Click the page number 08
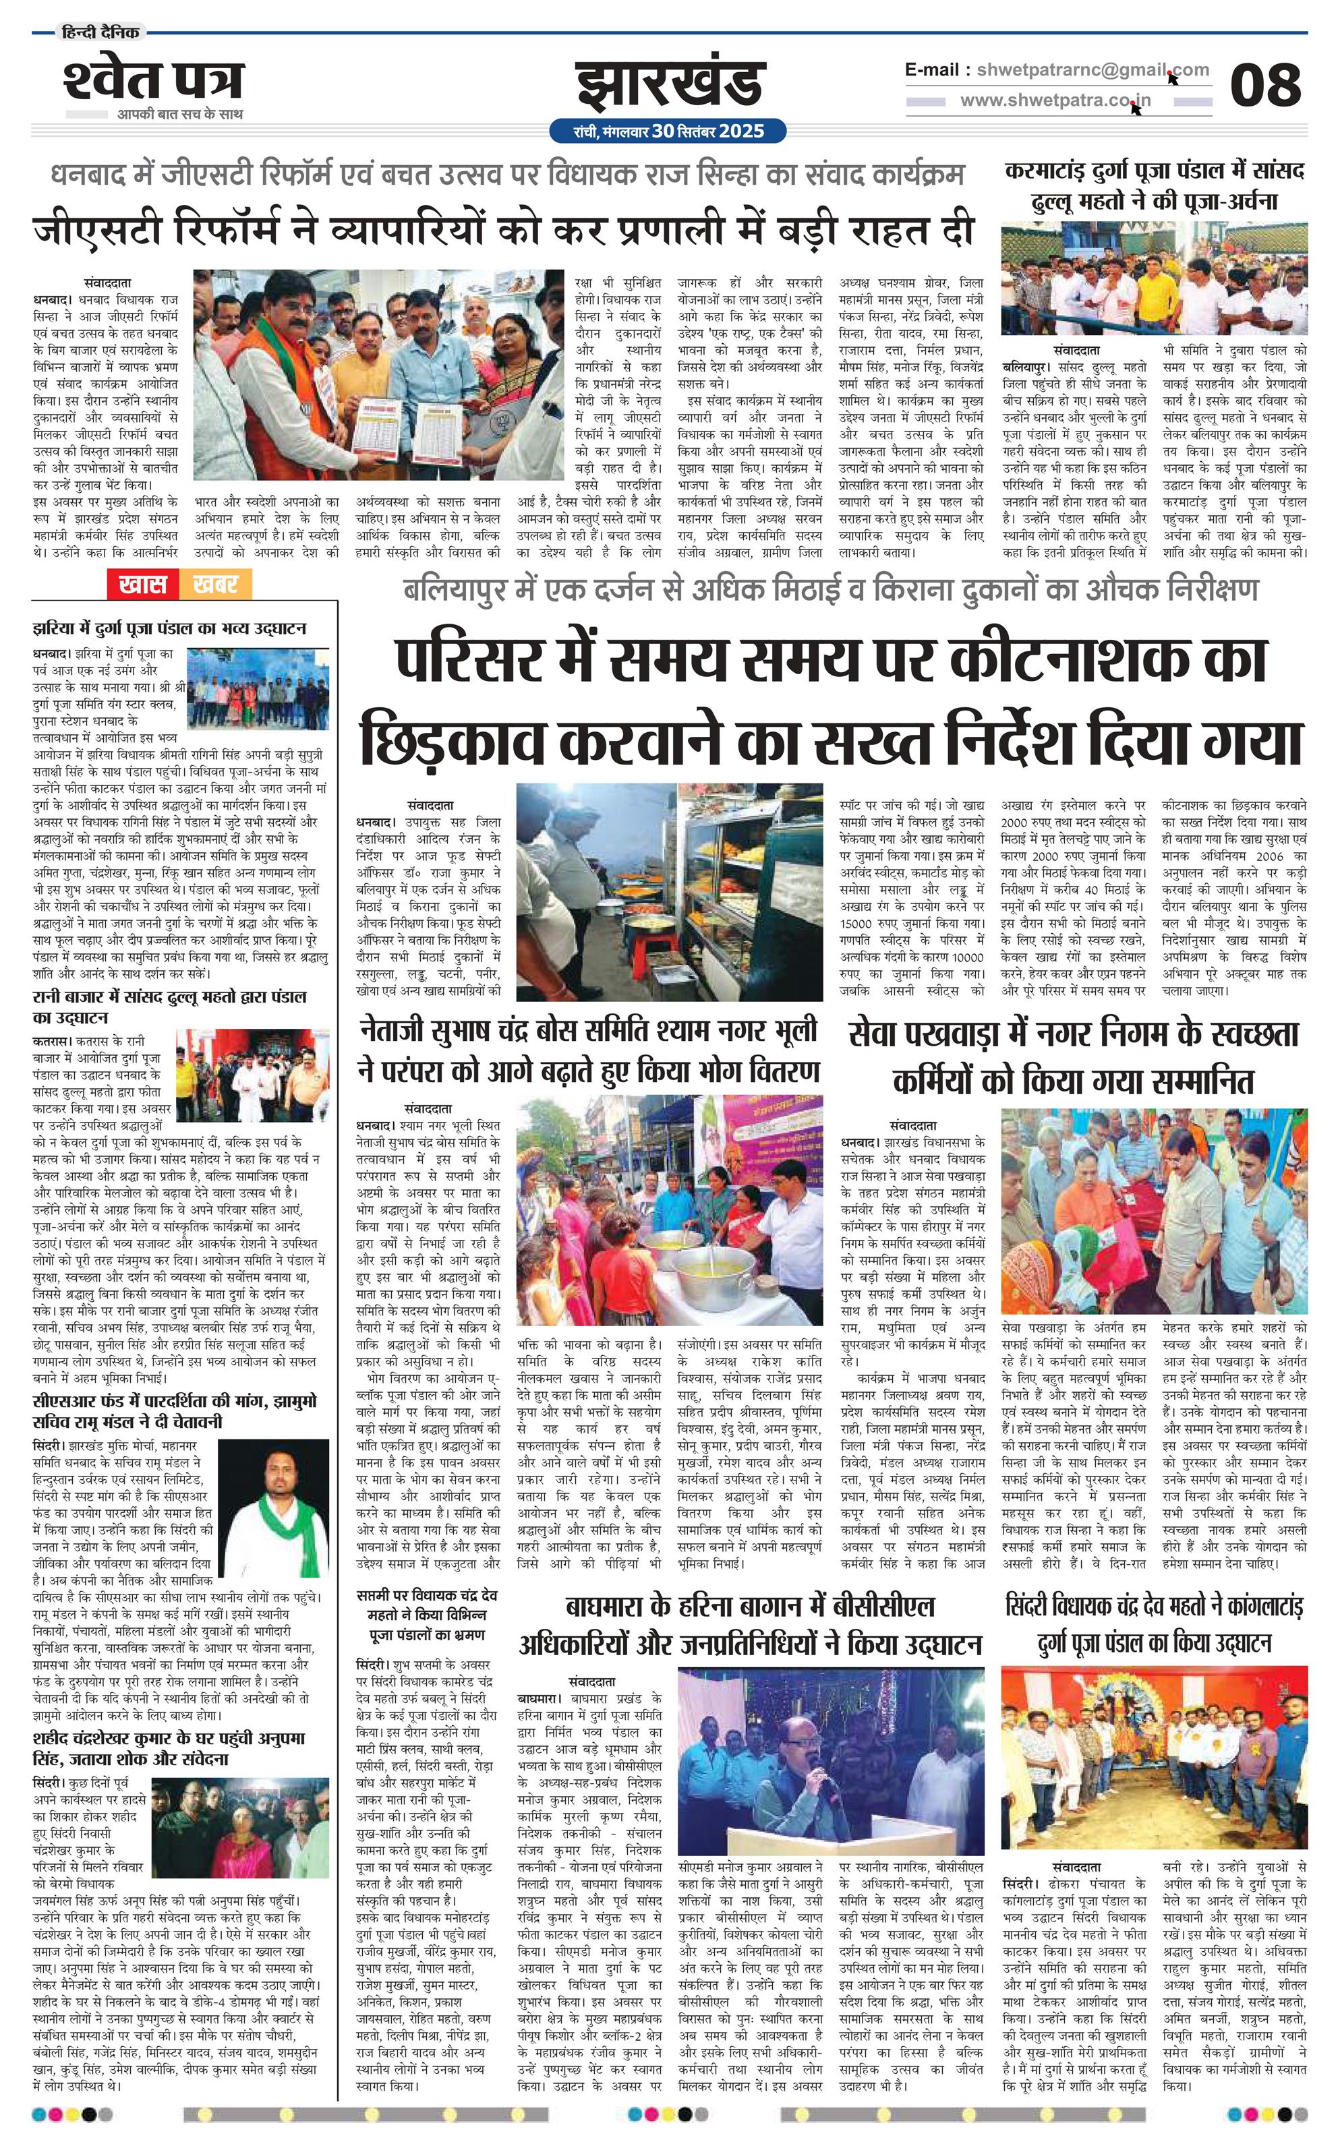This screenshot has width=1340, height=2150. (x=1264, y=86)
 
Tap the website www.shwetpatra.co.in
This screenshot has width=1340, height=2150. (x=1055, y=100)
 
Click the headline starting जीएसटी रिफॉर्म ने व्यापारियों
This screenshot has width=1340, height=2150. (x=503, y=231)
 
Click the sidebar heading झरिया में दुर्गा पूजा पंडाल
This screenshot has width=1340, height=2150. (x=169, y=629)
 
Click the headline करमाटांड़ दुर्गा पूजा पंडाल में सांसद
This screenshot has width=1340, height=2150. (x=1155, y=186)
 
